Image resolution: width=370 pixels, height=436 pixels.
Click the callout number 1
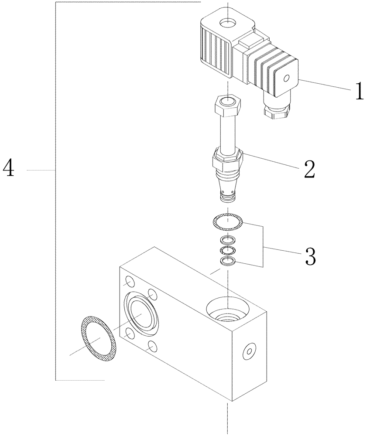pos(358,92)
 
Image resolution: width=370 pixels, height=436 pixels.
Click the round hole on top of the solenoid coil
pos(227,21)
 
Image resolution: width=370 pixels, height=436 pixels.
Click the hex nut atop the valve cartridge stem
pos(227,105)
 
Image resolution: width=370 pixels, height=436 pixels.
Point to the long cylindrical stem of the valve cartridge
pos(228,133)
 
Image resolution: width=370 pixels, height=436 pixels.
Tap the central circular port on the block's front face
pos(141,313)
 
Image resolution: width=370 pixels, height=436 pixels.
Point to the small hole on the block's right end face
pos(250,350)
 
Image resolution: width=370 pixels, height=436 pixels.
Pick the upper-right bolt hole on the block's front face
pos(152,293)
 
